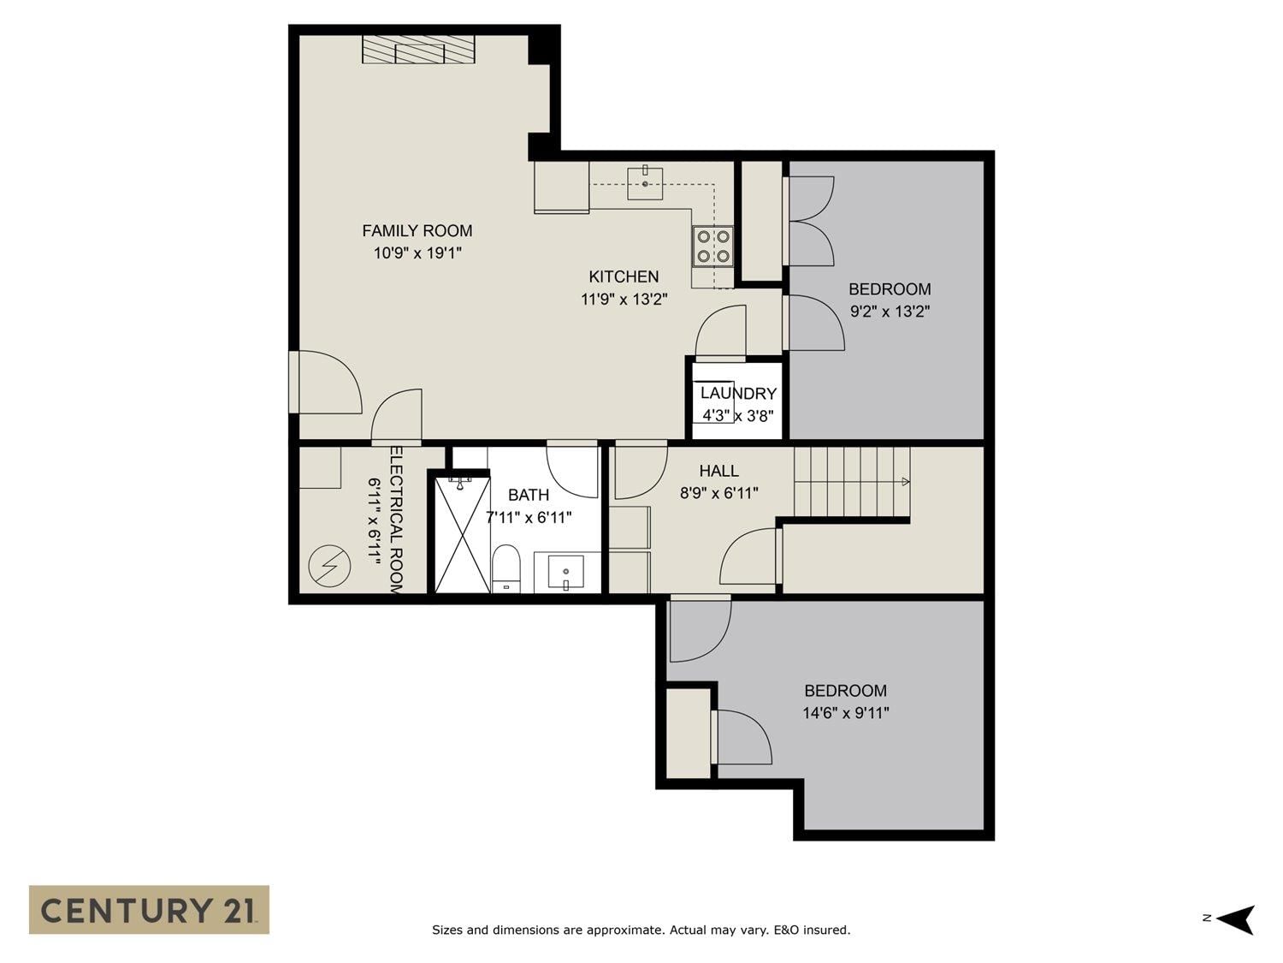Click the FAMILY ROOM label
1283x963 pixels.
coord(417,231)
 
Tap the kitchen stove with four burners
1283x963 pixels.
coord(713,246)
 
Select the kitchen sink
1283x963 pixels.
coord(645,183)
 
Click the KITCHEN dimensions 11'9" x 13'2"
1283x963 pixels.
coord(624,300)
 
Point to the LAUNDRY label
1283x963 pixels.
coord(738,394)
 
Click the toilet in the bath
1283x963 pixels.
coord(506,568)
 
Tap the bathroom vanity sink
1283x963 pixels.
coord(566,573)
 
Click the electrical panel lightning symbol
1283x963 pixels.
coord(329,566)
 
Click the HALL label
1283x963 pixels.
coord(719,471)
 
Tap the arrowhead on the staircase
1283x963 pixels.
coord(906,482)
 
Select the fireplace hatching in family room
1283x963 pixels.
coord(418,49)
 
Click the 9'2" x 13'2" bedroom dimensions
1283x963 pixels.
coord(890,311)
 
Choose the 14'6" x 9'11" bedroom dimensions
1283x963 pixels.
coord(846,713)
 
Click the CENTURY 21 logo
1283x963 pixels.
coord(149,909)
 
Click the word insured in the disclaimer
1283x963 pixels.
coord(826,930)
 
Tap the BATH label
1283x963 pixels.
coord(529,496)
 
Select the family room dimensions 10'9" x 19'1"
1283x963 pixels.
coord(418,253)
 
